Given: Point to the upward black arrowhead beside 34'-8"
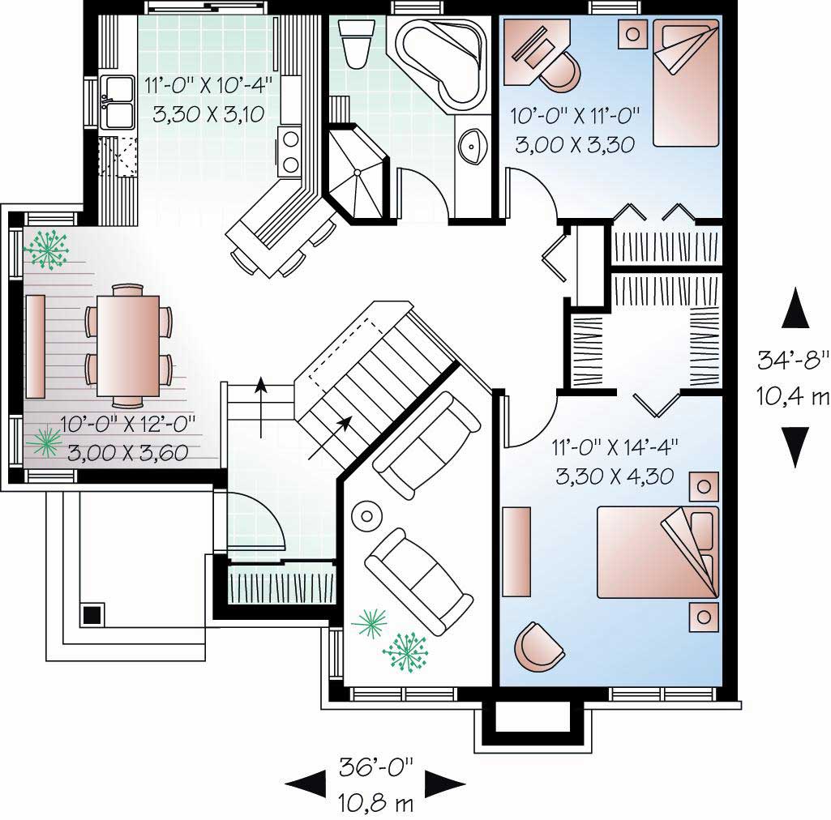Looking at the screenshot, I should pyautogui.click(x=795, y=309).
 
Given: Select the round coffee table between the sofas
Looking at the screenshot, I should pyautogui.click(x=367, y=515).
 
